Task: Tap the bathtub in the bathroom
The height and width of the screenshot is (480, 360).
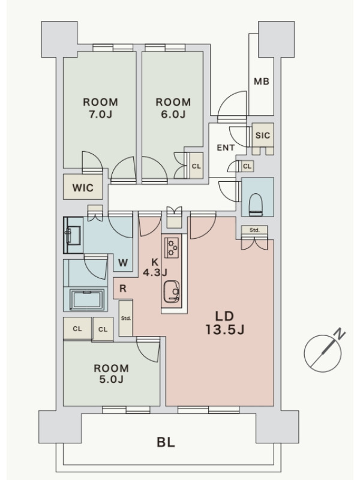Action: pos(87,299)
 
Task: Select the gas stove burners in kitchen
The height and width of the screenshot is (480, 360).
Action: pos(171,247)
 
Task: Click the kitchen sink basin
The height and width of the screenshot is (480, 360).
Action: pos(172,292)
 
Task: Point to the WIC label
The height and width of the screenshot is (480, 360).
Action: pos(83,187)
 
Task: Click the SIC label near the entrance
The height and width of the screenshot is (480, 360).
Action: pos(263,135)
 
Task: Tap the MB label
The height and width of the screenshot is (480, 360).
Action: pos(262,82)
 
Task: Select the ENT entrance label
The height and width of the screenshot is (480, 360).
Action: pos(226,148)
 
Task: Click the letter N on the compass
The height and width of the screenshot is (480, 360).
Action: pos(340,334)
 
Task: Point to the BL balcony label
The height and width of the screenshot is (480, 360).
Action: pos(166,442)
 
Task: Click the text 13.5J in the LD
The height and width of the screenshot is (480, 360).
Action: pos(224,329)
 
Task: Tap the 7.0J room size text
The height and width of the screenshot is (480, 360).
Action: pos(100,114)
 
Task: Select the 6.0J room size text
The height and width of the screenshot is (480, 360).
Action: pos(173,114)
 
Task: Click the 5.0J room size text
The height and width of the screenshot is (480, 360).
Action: pos(111,379)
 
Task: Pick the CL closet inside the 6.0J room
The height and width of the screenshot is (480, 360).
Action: pos(196,166)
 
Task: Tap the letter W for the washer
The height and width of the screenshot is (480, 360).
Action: pos(123,263)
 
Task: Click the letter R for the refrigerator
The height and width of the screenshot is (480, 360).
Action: pos(123,289)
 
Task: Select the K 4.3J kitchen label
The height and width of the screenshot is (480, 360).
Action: pos(155,267)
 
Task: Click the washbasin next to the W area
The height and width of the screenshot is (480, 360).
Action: pos(73,235)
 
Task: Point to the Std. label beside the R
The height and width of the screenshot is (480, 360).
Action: pos(126,319)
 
